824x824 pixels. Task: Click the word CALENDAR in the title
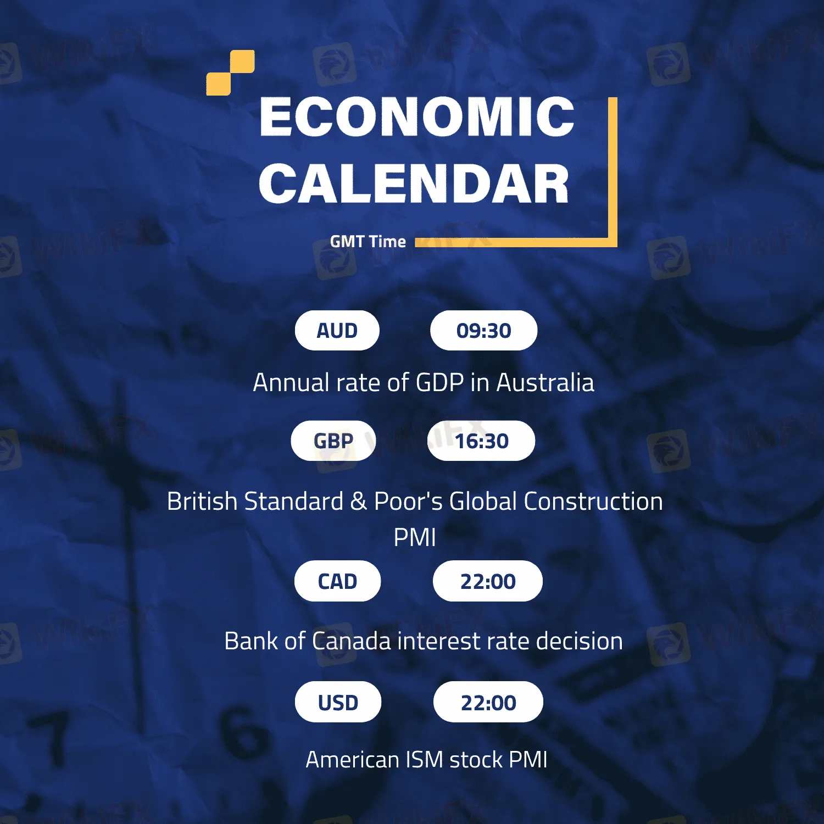tap(414, 183)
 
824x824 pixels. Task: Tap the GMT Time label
tap(368, 242)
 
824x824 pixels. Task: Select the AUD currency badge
tap(337, 331)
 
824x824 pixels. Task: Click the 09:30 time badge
tap(483, 331)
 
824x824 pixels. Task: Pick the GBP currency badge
tap(333, 441)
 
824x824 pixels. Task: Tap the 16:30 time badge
tap(481, 441)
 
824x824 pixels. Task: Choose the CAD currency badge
tap(337, 581)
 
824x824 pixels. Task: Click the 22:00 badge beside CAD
tap(488, 581)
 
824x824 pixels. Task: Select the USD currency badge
tap(338, 702)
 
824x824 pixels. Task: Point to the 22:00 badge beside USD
tap(488, 702)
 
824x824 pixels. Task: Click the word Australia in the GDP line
tap(545, 382)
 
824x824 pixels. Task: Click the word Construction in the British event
tap(593, 501)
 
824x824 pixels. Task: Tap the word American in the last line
tap(352, 760)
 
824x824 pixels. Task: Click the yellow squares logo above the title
tap(231, 73)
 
